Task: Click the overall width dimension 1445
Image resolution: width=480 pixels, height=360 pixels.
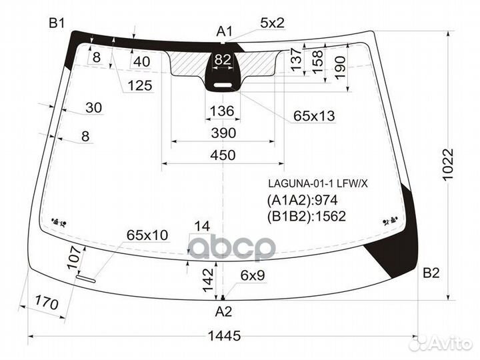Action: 224,336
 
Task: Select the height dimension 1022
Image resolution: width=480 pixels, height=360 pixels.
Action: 447,165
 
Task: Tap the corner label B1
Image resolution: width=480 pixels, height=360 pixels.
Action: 57,23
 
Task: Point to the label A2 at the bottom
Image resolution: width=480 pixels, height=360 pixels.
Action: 223,311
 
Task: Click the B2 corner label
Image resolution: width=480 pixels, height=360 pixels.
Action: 431,273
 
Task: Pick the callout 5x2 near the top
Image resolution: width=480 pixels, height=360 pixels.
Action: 272,23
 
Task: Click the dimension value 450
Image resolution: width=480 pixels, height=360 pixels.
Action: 223,155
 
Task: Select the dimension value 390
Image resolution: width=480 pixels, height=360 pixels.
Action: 223,133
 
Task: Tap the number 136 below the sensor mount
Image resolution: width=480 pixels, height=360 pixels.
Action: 222,111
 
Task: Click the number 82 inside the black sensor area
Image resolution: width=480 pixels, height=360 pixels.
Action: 223,59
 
